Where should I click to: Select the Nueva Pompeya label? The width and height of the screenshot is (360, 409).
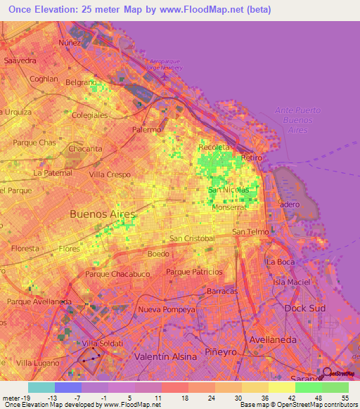tap(167, 309)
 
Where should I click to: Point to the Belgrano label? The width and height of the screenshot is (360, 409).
tap(81, 82)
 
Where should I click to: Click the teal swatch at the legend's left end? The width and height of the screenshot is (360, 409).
tap(41, 387)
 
